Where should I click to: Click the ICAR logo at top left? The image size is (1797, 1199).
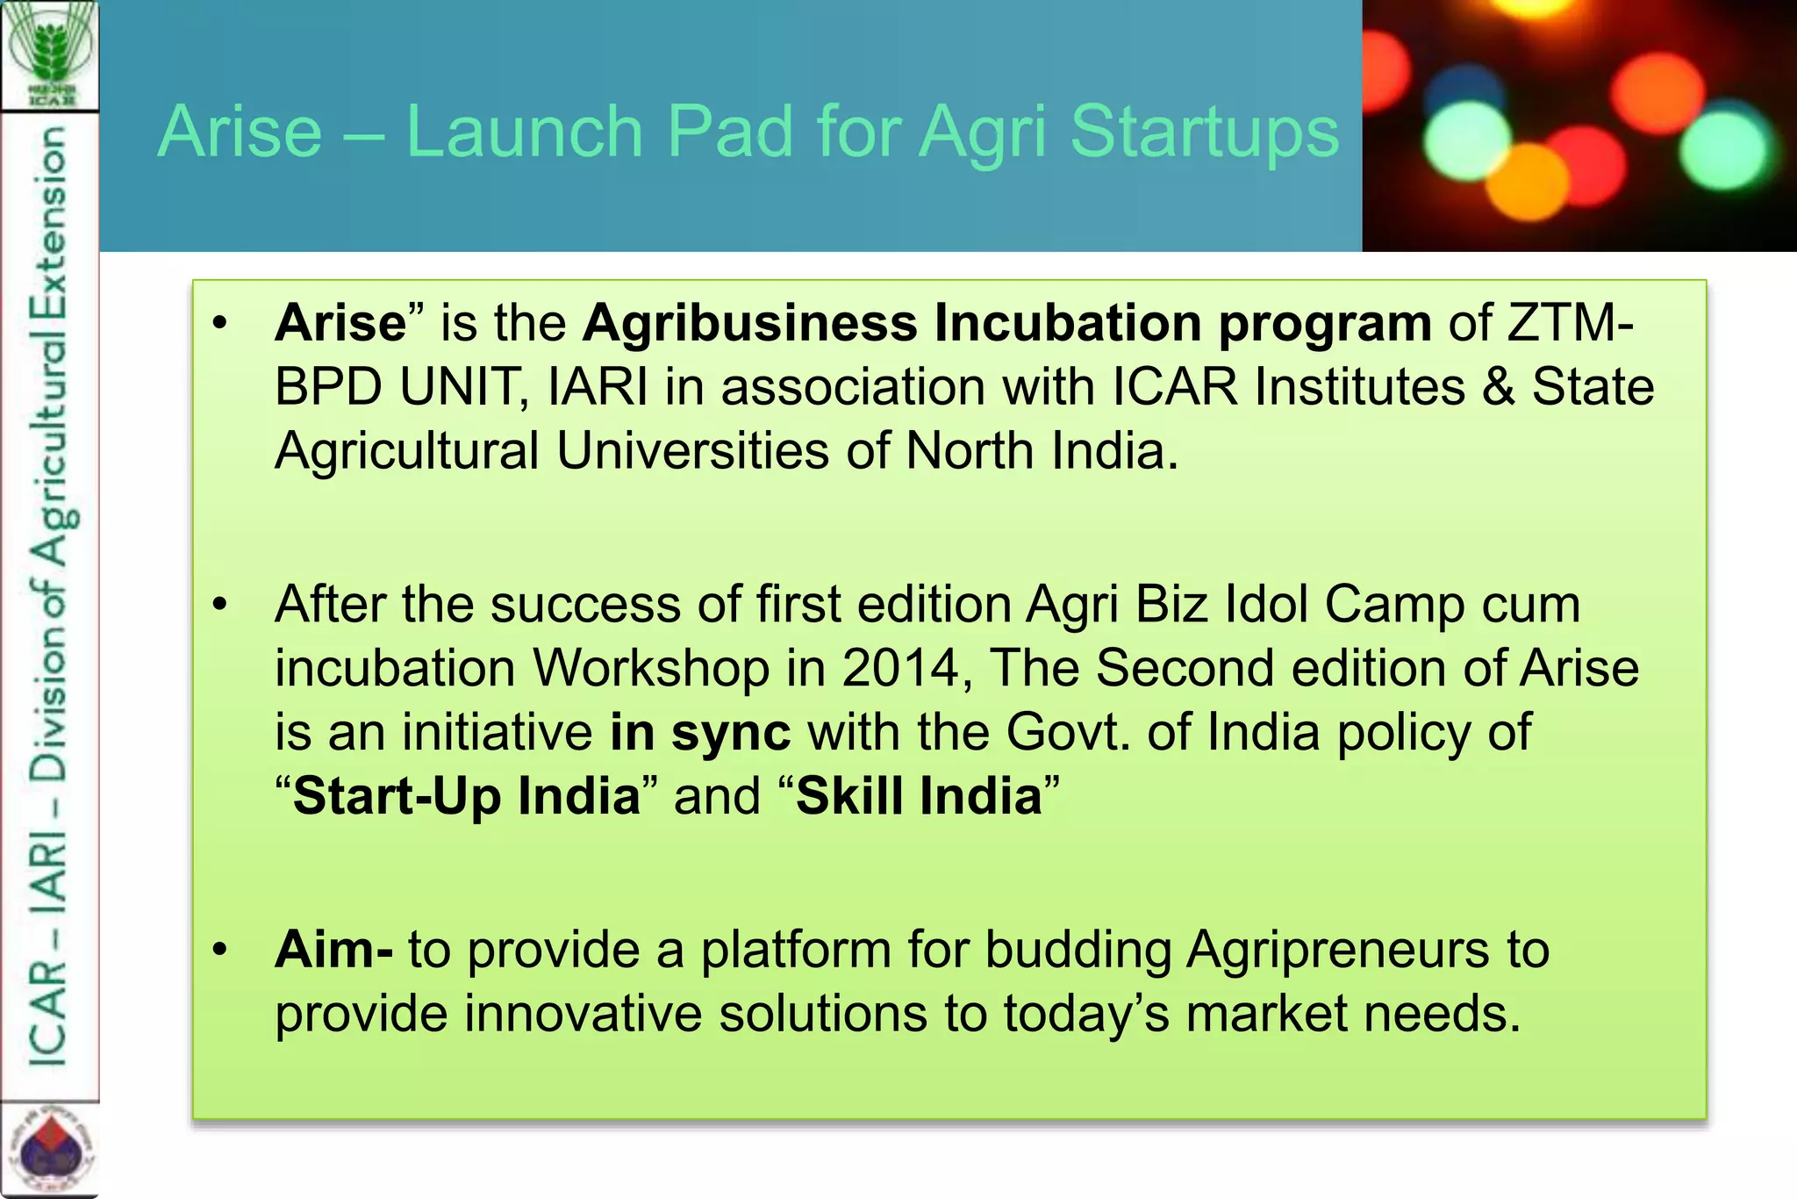[x=50, y=54]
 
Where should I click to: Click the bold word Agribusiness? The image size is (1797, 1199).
[x=750, y=323]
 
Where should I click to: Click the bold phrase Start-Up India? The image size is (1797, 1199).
[x=467, y=796]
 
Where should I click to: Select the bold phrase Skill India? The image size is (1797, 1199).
[x=919, y=796]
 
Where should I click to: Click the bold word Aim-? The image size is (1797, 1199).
[x=333, y=950]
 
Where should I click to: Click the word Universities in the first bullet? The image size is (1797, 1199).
[x=692, y=451]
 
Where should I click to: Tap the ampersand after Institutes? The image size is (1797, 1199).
[x=1498, y=387]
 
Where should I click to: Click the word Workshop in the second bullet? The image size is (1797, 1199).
[x=651, y=668]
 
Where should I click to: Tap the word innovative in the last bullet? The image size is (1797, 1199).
[x=583, y=1014]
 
